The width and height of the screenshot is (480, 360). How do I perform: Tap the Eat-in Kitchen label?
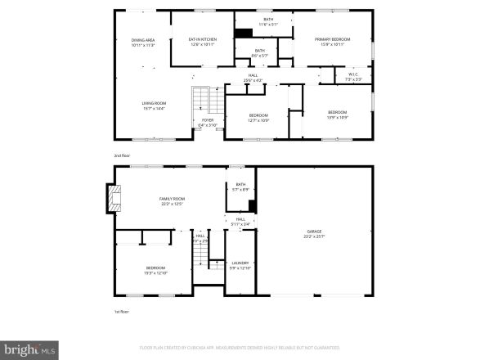201,41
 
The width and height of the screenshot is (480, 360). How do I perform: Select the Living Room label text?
154,105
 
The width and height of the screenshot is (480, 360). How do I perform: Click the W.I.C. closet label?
354,74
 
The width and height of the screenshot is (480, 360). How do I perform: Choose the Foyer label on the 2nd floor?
208,123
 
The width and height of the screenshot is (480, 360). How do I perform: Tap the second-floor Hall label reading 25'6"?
253,79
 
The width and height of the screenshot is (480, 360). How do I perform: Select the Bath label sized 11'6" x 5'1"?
268,21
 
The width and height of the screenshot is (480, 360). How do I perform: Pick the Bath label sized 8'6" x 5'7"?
259,52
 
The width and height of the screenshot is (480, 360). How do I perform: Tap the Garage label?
315,235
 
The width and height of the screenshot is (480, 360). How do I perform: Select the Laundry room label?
240,265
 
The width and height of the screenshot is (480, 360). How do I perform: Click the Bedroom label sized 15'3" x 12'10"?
155,270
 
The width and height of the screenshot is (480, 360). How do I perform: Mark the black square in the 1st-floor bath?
253,205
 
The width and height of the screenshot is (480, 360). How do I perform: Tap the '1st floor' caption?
121,311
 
